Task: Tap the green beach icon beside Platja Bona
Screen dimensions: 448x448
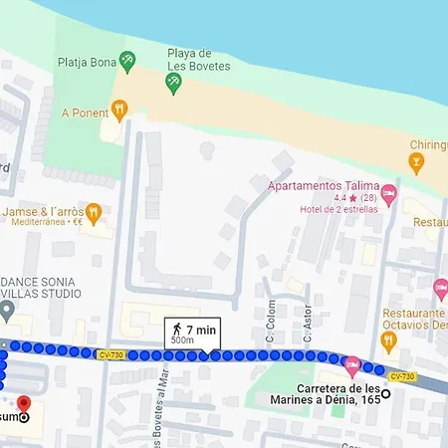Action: click(126, 62)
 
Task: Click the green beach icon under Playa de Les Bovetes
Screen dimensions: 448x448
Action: click(174, 84)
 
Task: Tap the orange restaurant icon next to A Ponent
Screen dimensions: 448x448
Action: click(118, 108)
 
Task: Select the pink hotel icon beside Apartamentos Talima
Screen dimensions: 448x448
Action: click(389, 192)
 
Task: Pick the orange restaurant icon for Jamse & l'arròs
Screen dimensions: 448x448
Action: click(94, 212)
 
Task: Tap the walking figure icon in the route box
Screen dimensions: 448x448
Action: click(176, 329)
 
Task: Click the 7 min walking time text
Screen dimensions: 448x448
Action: click(200, 329)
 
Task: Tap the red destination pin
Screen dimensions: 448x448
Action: click(24, 404)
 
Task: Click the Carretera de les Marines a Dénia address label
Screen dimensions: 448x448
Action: click(338, 393)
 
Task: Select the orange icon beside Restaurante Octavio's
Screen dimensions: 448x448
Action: click(390, 340)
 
